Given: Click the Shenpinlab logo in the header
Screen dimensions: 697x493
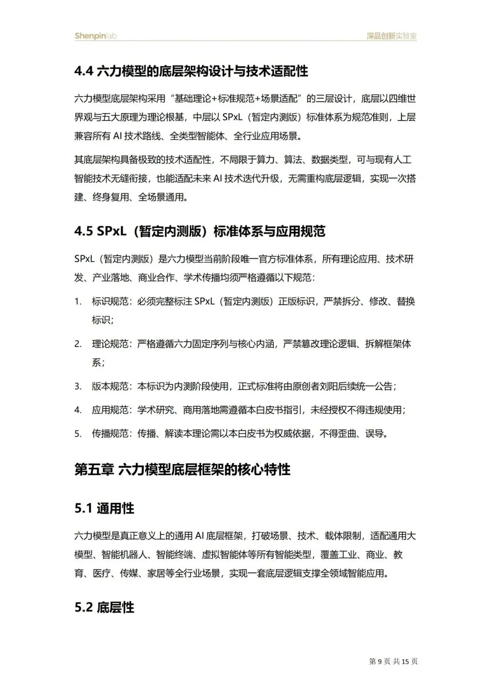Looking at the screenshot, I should coord(96,36).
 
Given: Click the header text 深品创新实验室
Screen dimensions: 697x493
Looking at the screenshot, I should coord(392,36).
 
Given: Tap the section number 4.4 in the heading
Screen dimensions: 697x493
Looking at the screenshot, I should coord(84,71).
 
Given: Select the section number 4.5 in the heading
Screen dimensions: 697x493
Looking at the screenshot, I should coord(84,231).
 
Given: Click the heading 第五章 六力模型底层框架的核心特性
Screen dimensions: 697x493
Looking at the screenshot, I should coord(182,470).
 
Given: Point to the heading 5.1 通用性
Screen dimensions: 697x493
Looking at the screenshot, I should coord(104,508).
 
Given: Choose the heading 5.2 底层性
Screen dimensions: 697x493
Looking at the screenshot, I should coord(104,608).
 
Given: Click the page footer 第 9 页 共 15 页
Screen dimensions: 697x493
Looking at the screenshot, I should coord(393,661).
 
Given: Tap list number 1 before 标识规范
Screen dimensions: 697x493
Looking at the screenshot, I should coord(78,301).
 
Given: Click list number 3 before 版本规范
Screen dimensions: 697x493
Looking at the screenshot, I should coord(78,387).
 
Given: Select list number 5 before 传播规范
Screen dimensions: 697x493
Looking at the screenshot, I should coord(78,434).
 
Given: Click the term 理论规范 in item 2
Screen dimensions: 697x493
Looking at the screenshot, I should coord(110,344).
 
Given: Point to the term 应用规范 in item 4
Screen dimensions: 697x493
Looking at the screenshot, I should coord(110,410).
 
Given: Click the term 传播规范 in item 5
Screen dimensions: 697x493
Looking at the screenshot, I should coord(110,434).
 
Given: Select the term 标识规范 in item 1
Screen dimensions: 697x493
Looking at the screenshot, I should coord(110,301).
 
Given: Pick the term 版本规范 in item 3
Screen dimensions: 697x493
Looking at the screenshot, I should coord(110,387).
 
